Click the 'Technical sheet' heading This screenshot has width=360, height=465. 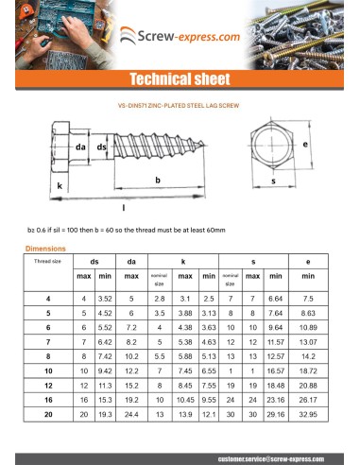tap(180, 78)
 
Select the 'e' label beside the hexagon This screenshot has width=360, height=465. tap(307, 144)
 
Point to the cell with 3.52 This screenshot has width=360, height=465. tap(106, 298)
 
